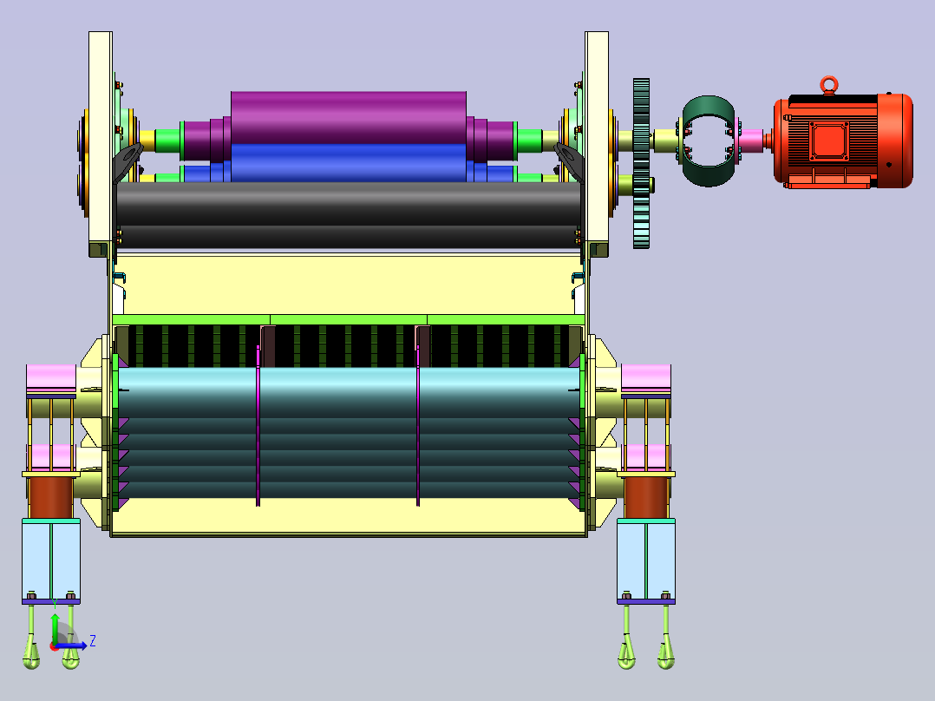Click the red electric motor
point(843,141)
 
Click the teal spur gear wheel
point(641,163)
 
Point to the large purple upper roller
point(349,118)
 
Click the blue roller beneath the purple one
point(349,163)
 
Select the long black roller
point(349,215)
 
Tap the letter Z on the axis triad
point(93,641)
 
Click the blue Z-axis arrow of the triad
point(71,645)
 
